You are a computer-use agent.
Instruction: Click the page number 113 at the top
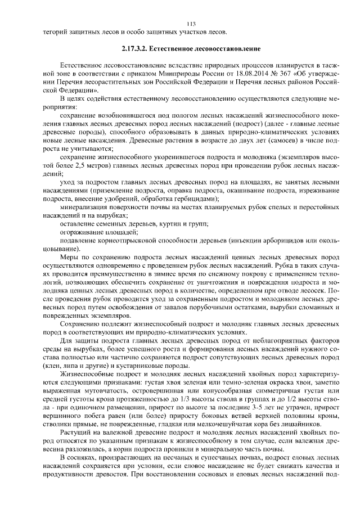tap(191, 23)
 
